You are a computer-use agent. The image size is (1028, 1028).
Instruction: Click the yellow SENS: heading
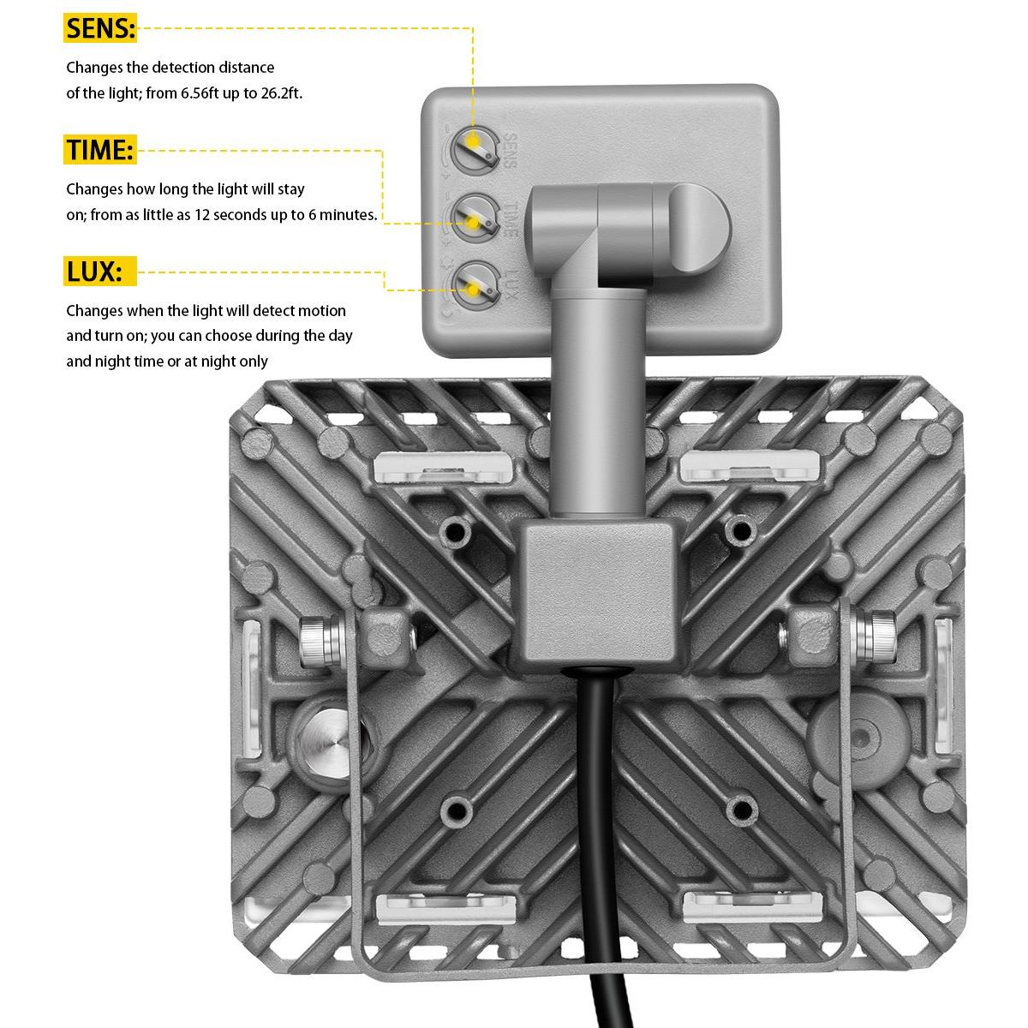pos(100,29)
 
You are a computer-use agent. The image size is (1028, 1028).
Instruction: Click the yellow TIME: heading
pos(99,151)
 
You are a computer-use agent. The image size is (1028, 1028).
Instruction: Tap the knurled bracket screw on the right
pos(879,636)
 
